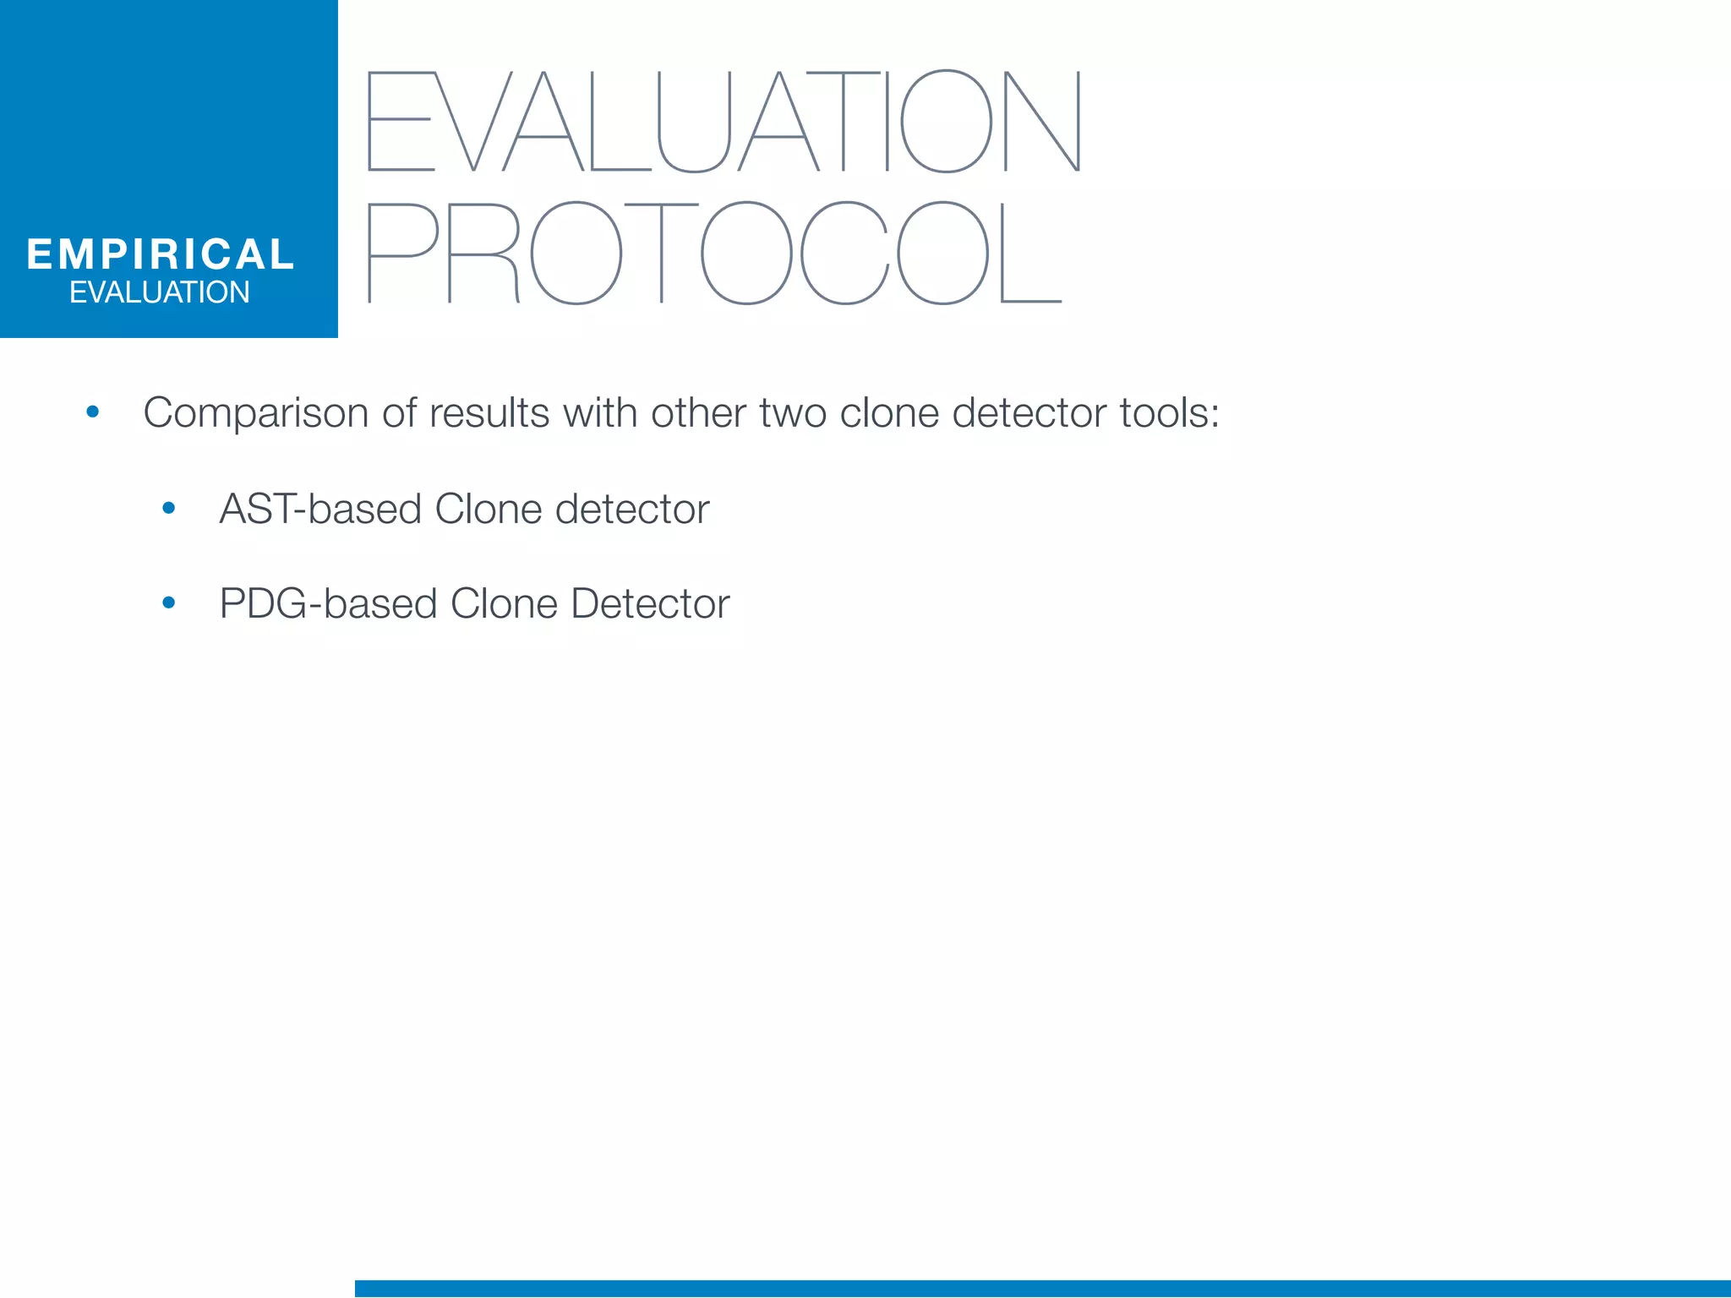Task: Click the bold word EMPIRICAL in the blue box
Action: coord(160,254)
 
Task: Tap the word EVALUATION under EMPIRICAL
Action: coord(160,292)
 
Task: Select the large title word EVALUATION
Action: coord(724,122)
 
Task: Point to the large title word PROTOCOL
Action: coord(715,253)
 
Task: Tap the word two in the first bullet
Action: coord(792,414)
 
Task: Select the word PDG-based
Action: coord(328,604)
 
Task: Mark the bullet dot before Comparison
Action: coord(93,413)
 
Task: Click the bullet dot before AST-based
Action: coord(169,509)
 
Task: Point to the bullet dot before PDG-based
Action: coord(169,603)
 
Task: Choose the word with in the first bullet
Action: coord(600,414)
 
